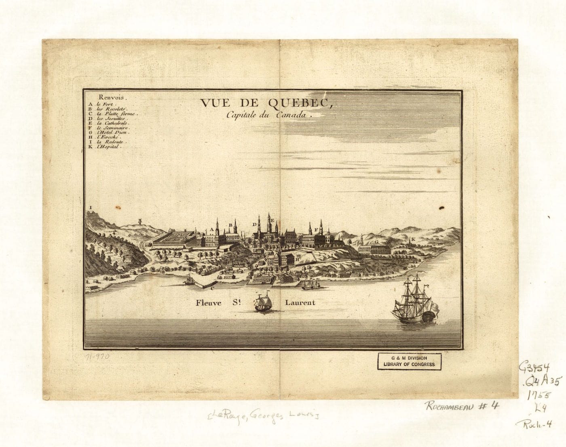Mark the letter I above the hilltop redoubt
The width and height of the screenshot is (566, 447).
[91, 208]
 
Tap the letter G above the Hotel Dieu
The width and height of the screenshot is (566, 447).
[376, 241]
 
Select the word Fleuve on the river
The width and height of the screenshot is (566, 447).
[209, 302]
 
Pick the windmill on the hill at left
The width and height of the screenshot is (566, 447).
[140, 222]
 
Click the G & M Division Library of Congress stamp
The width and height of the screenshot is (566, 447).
[409, 361]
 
